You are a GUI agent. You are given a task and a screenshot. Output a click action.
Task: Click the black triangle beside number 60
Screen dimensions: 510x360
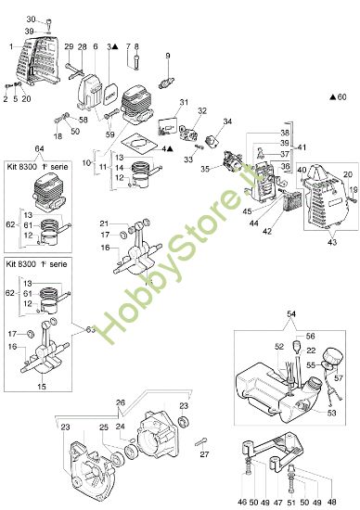[x=332, y=96]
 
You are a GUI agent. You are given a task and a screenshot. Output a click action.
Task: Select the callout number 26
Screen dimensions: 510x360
[x=147, y=402]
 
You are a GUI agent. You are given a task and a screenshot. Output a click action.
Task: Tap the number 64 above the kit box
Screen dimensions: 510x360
[x=38, y=148]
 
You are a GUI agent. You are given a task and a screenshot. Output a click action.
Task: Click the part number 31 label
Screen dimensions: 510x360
[x=184, y=102]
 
